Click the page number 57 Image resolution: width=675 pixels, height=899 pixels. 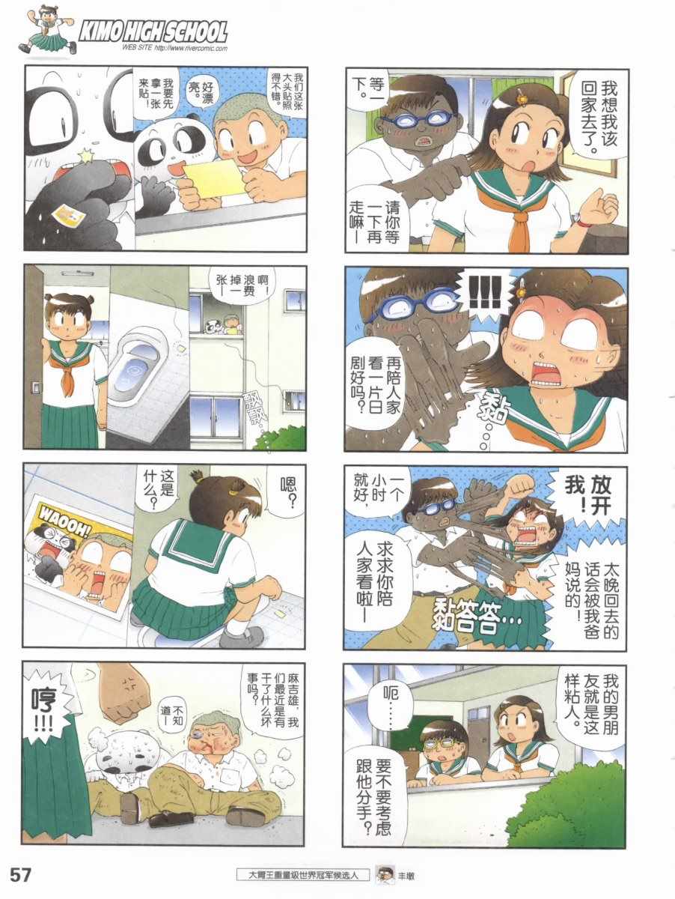click(20, 875)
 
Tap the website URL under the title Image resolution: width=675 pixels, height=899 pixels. click(174, 49)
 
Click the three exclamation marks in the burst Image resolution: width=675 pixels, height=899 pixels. click(484, 291)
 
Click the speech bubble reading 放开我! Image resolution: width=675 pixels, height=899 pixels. click(587, 497)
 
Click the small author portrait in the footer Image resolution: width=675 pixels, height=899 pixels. click(385, 874)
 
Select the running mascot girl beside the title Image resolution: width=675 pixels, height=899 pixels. click(46, 30)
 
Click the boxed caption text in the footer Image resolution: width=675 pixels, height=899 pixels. click(302, 875)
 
